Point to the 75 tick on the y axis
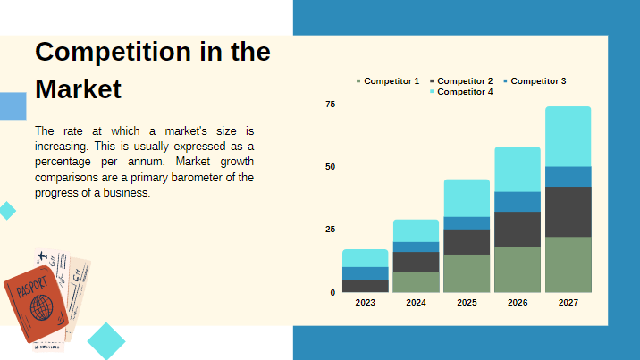click(330, 105)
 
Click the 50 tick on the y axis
click(330, 167)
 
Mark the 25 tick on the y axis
click(330, 230)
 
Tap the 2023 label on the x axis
click(365, 303)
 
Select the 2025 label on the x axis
click(467, 303)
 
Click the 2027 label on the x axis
click(568, 303)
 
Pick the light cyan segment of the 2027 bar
click(568, 136)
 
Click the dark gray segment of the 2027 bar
click(568, 212)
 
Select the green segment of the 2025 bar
click(467, 273)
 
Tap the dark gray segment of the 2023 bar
click(365, 286)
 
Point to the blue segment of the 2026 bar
click(518, 201)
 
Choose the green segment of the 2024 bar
click(416, 282)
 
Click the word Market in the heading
click(78, 89)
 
